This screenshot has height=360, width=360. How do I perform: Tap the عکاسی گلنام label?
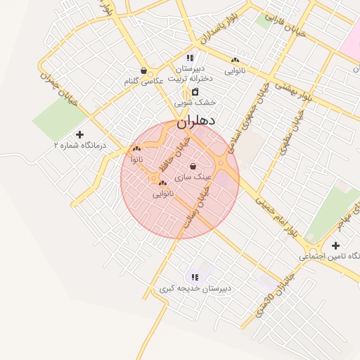tap(143, 82)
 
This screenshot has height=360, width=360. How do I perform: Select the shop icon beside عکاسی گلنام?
tap(144, 70)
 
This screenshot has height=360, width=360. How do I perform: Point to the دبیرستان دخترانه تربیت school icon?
tap(190, 58)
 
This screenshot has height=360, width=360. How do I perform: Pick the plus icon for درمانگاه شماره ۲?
tap(79, 134)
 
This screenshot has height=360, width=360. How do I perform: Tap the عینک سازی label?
tap(193, 176)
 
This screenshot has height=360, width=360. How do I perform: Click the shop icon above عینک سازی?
tap(193, 165)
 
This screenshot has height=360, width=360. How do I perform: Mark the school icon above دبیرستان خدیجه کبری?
tap(195, 277)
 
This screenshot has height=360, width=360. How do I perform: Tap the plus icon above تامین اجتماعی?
tap(335, 245)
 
